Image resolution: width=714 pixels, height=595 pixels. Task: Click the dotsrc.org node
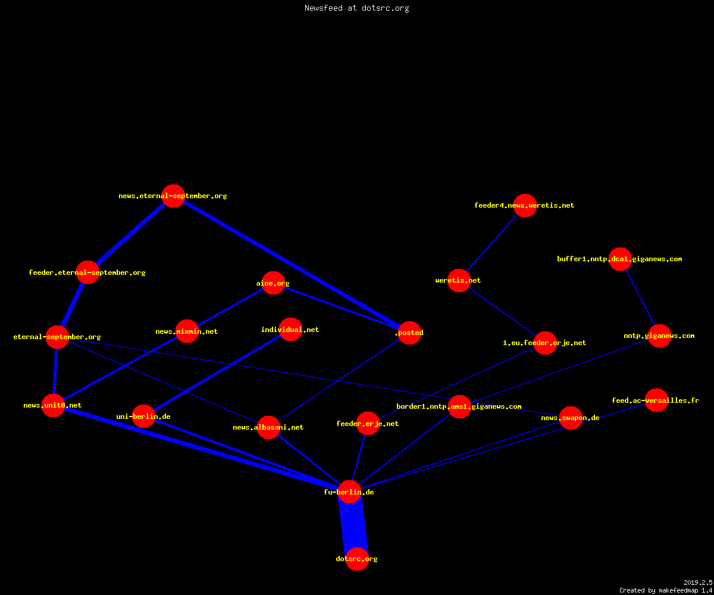(357, 559)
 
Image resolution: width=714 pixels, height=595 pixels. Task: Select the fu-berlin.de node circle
(349, 491)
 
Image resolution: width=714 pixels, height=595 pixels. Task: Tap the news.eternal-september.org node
(173, 196)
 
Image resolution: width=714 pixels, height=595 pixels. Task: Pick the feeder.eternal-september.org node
(88, 272)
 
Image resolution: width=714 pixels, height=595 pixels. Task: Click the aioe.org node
(273, 283)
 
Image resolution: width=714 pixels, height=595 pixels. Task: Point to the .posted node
(410, 333)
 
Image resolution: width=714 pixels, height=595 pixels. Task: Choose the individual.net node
(291, 329)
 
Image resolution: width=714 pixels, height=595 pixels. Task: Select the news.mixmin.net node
(187, 331)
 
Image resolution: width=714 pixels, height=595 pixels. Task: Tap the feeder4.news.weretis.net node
(525, 205)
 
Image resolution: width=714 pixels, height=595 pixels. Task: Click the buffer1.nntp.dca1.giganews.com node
(620, 259)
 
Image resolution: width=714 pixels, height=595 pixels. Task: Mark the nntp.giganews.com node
(660, 336)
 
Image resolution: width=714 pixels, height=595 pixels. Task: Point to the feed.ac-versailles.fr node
(656, 400)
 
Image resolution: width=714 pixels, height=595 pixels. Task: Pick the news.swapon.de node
(571, 418)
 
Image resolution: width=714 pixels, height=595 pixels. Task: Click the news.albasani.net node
(268, 427)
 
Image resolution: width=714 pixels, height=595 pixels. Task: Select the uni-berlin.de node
(143, 416)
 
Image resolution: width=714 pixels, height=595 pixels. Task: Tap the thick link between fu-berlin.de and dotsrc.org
(353, 525)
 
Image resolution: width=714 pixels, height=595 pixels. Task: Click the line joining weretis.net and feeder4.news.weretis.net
(492, 243)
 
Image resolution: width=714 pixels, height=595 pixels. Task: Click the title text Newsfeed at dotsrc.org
(356, 8)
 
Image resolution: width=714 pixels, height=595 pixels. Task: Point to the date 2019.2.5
(698, 583)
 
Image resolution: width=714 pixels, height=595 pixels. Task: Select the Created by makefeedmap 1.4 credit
(666, 591)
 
